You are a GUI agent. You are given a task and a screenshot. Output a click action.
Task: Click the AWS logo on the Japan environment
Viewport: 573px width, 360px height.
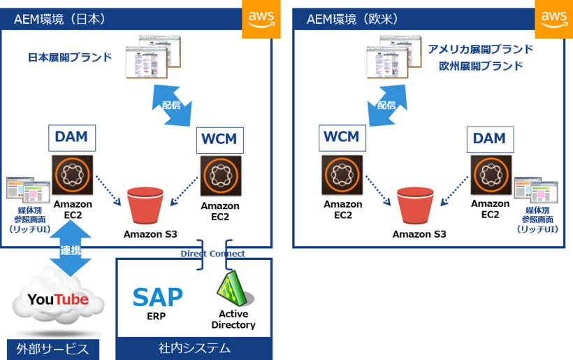pyautogui.click(x=261, y=20)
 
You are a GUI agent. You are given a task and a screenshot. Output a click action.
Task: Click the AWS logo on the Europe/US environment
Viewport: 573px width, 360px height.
pyautogui.click(x=553, y=20)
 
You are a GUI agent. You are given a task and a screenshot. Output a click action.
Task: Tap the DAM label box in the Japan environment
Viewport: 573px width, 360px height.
pyautogui.click(x=71, y=137)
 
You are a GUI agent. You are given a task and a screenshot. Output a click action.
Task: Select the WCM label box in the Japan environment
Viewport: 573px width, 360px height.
pyautogui.click(x=219, y=139)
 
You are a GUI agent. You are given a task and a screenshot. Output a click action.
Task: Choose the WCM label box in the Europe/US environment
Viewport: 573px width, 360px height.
pyautogui.click(x=342, y=138)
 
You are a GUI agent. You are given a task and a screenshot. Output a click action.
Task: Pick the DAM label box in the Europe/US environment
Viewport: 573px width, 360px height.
pyautogui.click(x=489, y=138)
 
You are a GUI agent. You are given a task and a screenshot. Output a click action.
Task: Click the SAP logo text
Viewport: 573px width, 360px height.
pyautogui.click(x=157, y=298)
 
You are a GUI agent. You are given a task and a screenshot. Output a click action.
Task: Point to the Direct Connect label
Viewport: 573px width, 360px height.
pyautogui.click(x=213, y=254)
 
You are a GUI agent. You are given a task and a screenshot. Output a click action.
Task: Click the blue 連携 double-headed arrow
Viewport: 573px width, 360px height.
pyautogui.click(x=70, y=248)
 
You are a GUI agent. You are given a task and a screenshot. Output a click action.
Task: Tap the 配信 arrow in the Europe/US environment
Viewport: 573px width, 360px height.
pyautogui.click(x=386, y=105)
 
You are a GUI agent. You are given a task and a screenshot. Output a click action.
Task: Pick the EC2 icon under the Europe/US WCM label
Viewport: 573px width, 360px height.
pyautogui.click(x=342, y=176)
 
